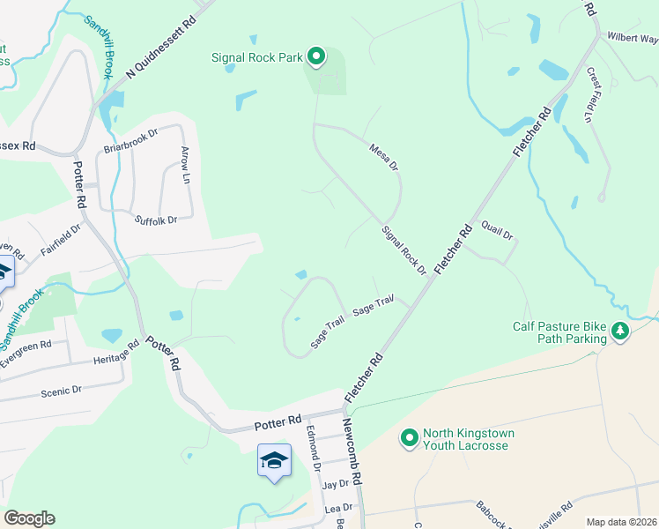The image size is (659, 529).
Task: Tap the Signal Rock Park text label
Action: pyautogui.click(x=256, y=58)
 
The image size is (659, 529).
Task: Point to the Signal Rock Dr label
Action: pyautogui.click(x=404, y=250)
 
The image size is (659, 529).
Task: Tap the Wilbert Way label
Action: pyautogui.click(x=632, y=39)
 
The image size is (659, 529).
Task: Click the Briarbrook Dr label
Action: pyautogui.click(x=130, y=139)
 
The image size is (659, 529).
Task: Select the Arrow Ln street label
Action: pyautogui.click(x=186, y=165)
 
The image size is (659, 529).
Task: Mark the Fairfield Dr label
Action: pyautogui.click(x=60, y=240)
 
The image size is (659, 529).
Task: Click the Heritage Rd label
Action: pyautogui.click(x=116, y=354)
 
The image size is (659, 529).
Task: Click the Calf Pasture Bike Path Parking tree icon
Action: pyautogui.click(x=621, y=331)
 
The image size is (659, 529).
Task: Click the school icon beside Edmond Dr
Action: pyautogui.click(x=274, y=460)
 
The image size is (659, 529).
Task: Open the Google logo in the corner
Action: pyautogui.click(x=29, y=518)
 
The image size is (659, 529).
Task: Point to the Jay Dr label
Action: pyautogui.click(x=336, y=485)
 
